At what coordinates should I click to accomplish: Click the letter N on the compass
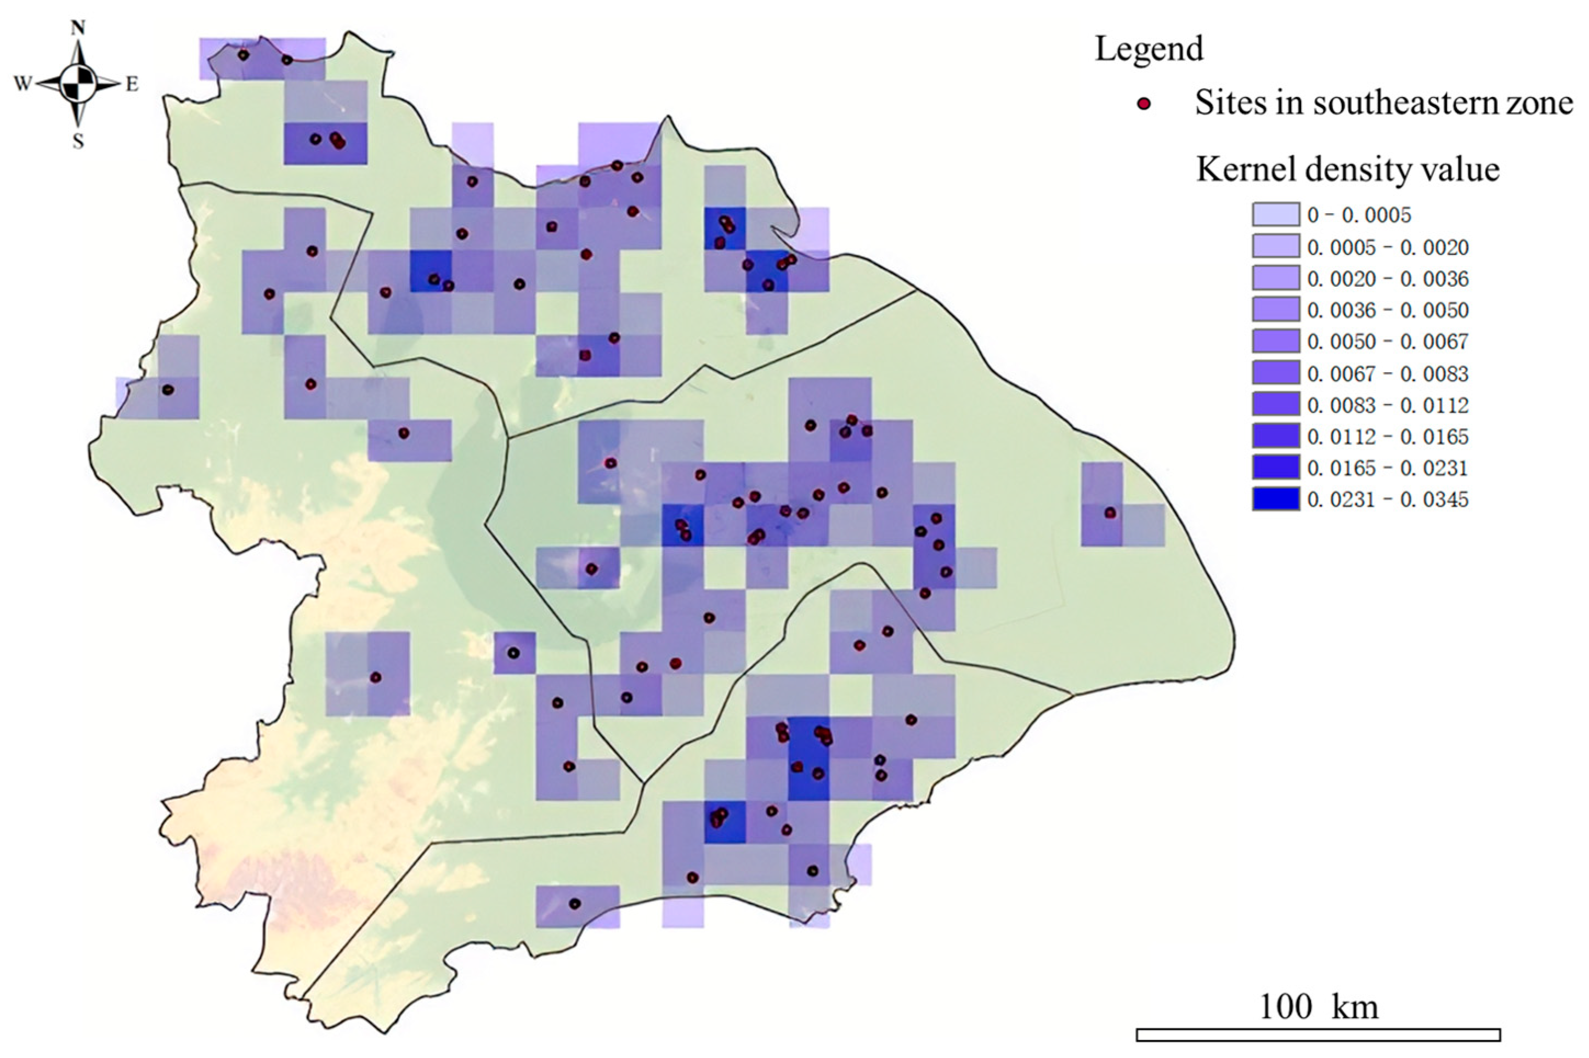click(78, 27)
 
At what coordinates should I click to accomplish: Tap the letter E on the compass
click(132, 84)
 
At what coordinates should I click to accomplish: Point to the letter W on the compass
click(23, 84)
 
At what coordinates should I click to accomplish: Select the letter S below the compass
click(78, 141)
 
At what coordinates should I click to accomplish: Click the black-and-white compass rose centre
click(78, 84)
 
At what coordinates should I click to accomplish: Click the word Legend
click(1149, 49)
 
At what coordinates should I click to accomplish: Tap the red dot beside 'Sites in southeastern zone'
click(1144, 104)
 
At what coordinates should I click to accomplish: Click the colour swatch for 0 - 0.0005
click(1275, 214)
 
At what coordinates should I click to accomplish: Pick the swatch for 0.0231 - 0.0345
click(1275, 499)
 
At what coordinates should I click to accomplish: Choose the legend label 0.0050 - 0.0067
click(1387, 342)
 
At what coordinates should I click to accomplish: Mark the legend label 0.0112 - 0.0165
click(1387, 436)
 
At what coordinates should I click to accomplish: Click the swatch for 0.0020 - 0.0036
click(1275, 278)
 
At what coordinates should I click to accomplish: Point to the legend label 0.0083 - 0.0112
click(1387, 405)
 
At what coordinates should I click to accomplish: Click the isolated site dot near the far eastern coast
click(1110, 514)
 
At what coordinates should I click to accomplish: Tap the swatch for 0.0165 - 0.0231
click(1275, 468)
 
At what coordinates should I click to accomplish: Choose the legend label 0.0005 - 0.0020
click(1387, 247)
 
